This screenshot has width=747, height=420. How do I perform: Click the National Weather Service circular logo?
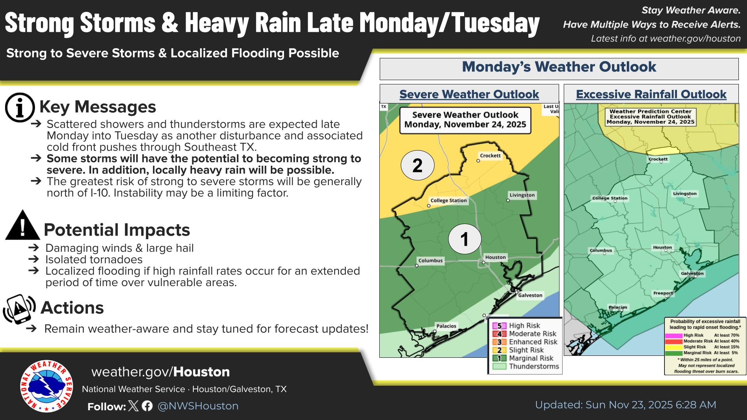coord(46,386)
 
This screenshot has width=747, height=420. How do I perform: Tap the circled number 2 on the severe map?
coord(417,165)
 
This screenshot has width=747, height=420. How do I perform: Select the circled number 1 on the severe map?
coord(465,239)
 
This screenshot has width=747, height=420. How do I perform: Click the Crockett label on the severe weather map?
coord(490,156)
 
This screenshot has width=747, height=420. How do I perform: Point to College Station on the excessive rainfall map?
coord(610,198)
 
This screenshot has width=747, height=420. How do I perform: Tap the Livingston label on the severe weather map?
coord(522,195)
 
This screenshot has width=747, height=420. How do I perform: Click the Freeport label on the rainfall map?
coord(663,293)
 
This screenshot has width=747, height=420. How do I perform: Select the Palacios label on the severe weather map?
coord(446,326)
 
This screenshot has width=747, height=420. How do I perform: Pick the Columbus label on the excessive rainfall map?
coord(601,250)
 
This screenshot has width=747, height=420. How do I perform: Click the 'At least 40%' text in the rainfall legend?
coord(727,341)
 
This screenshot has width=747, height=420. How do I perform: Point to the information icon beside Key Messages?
coord(20,107)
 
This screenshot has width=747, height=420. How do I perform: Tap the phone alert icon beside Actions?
coord(19,309)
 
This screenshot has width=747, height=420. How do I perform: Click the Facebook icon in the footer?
coord(147,406)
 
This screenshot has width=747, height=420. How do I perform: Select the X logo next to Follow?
coord(133,406)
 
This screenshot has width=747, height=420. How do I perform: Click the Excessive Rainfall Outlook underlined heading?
coord(651,94)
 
